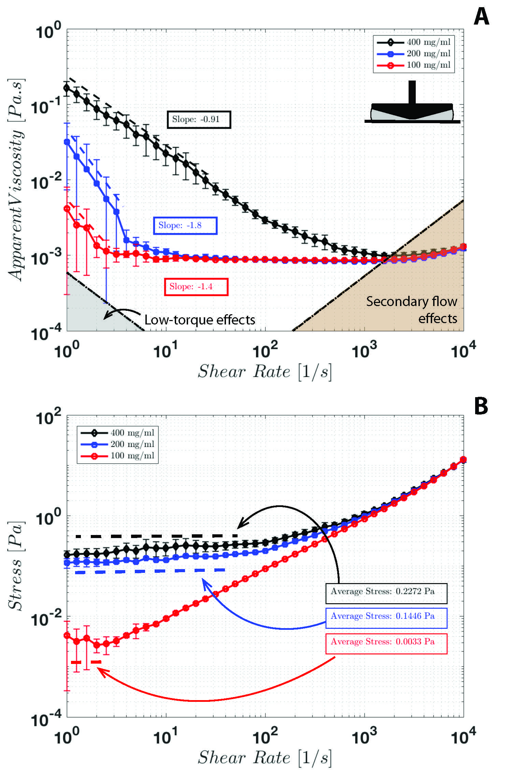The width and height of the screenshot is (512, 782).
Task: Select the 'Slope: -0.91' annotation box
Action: point(199,119)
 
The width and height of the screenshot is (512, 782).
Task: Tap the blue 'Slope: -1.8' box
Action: point(185,226)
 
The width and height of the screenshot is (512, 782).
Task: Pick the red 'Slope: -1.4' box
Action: point(196,287)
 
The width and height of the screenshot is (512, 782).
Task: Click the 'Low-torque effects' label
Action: point(200,320)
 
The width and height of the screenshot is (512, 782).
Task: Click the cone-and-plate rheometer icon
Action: point(412,106)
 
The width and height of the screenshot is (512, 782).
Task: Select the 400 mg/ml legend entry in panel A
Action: point(414,42)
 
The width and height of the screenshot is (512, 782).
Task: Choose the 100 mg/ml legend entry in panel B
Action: point(117,456)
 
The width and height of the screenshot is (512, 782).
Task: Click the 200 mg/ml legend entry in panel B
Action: point(117,444)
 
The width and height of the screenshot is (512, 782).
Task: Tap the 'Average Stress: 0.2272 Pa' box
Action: point(386,591)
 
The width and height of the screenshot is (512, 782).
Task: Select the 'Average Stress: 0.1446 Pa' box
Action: point(386,616)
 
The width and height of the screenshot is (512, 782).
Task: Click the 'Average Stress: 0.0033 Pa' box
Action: point(386,642)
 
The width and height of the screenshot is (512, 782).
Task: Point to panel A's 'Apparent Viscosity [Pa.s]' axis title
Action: point(16,179)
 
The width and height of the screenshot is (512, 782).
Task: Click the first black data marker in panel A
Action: point(67,88)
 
